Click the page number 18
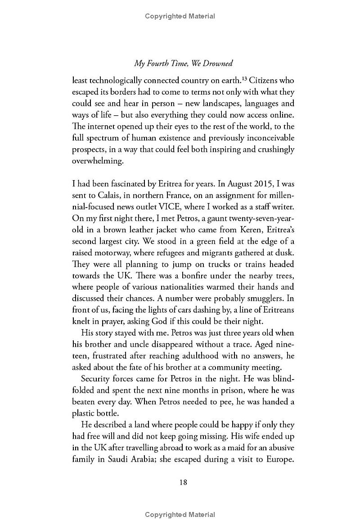pyautogui.click(x=183, y=482)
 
